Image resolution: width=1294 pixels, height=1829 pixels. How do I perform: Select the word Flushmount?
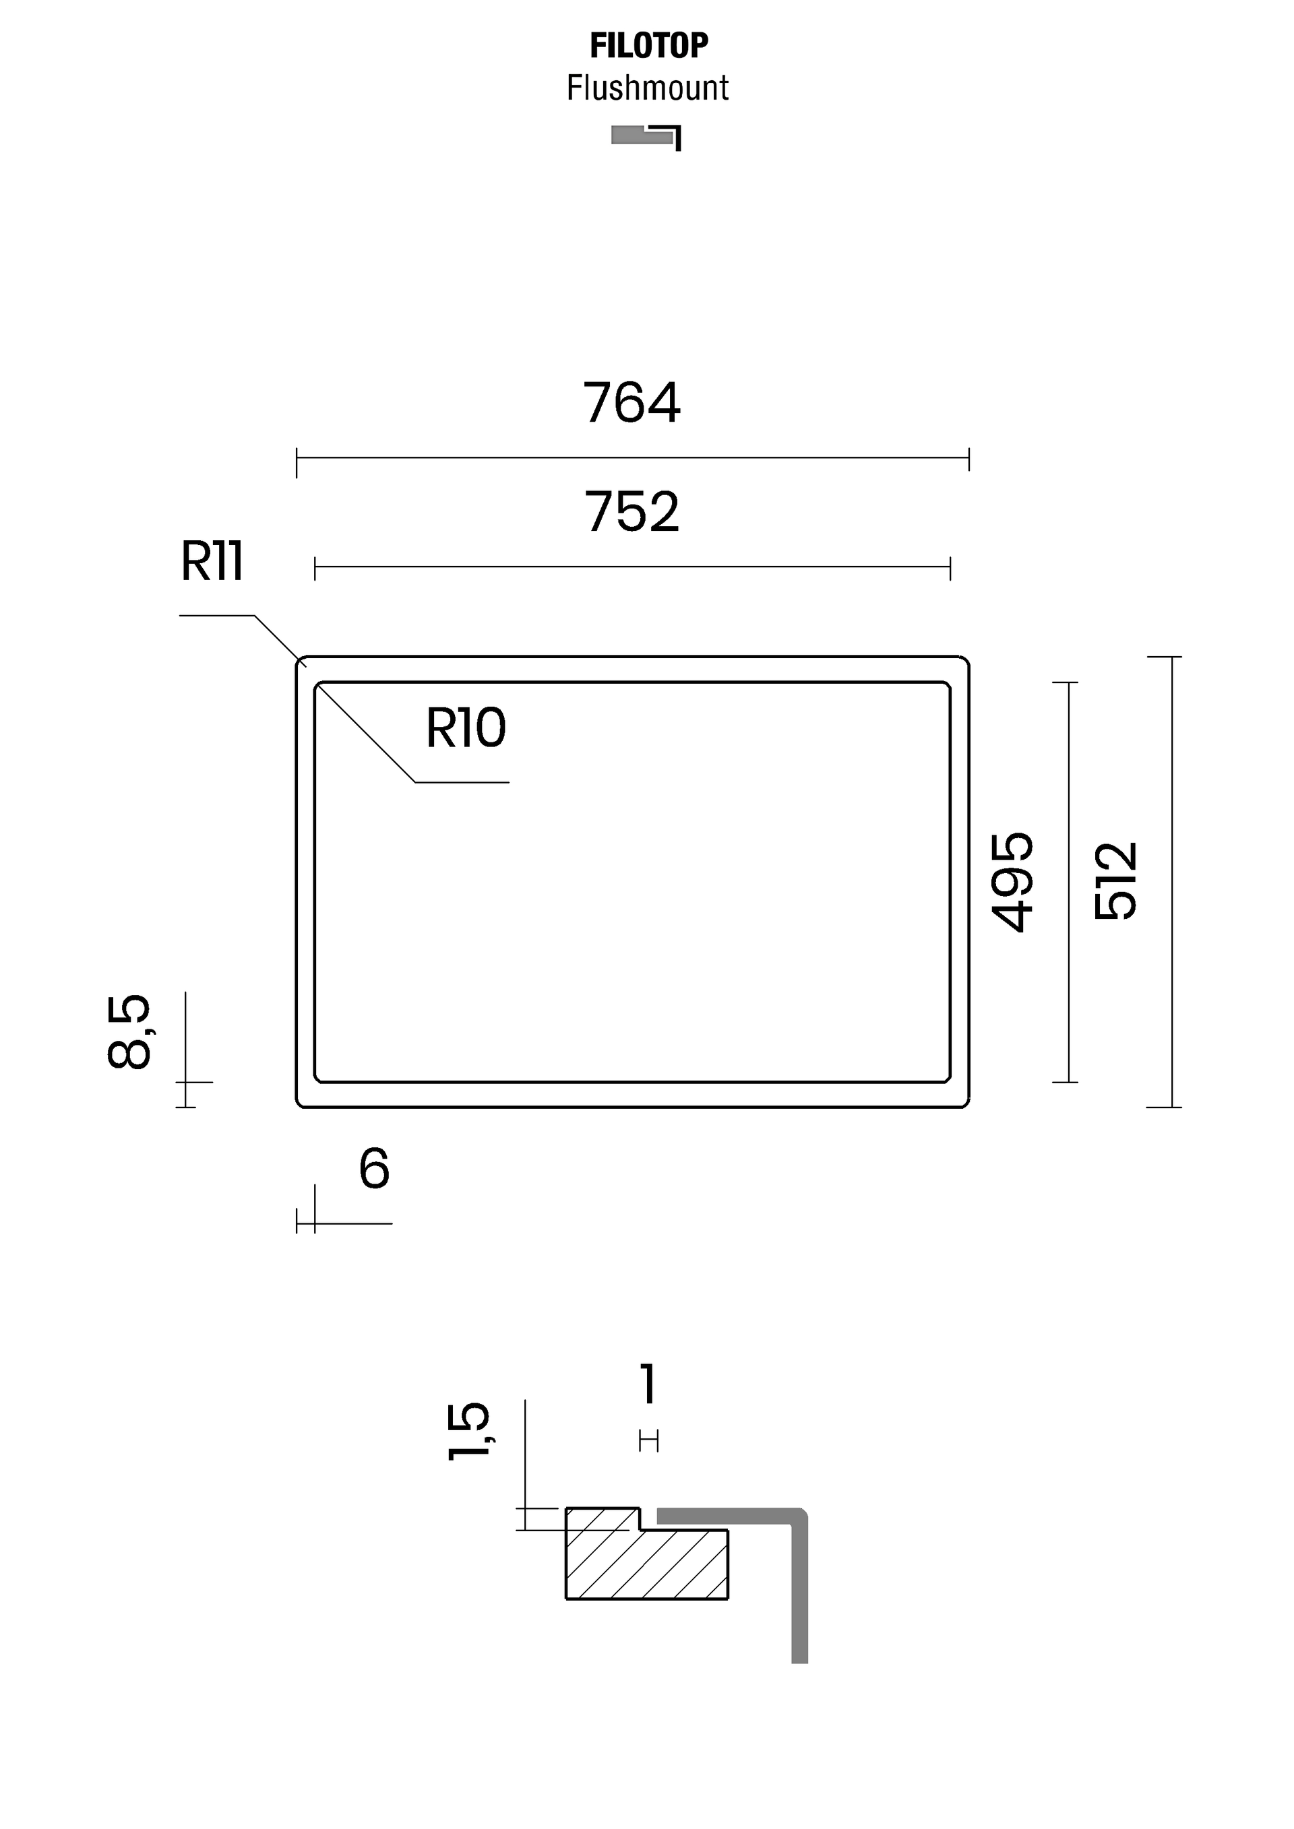coord(648,88)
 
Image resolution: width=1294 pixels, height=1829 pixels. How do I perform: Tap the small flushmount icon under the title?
coord(646,137)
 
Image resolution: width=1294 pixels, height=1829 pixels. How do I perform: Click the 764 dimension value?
coord(632,402)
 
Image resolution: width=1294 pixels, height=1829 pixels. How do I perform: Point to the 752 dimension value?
coord(632,511)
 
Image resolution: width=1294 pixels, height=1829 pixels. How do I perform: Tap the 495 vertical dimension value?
coord(1013,882)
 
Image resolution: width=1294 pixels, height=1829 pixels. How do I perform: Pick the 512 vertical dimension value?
coord(1115,881)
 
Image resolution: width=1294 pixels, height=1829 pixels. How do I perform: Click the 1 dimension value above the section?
coord(648,1383)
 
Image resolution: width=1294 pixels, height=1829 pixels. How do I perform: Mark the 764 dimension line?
coord(633,458)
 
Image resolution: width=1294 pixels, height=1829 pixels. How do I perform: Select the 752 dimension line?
coord(633,567)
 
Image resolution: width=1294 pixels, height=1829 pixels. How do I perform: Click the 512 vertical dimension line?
coord(1171,882)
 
